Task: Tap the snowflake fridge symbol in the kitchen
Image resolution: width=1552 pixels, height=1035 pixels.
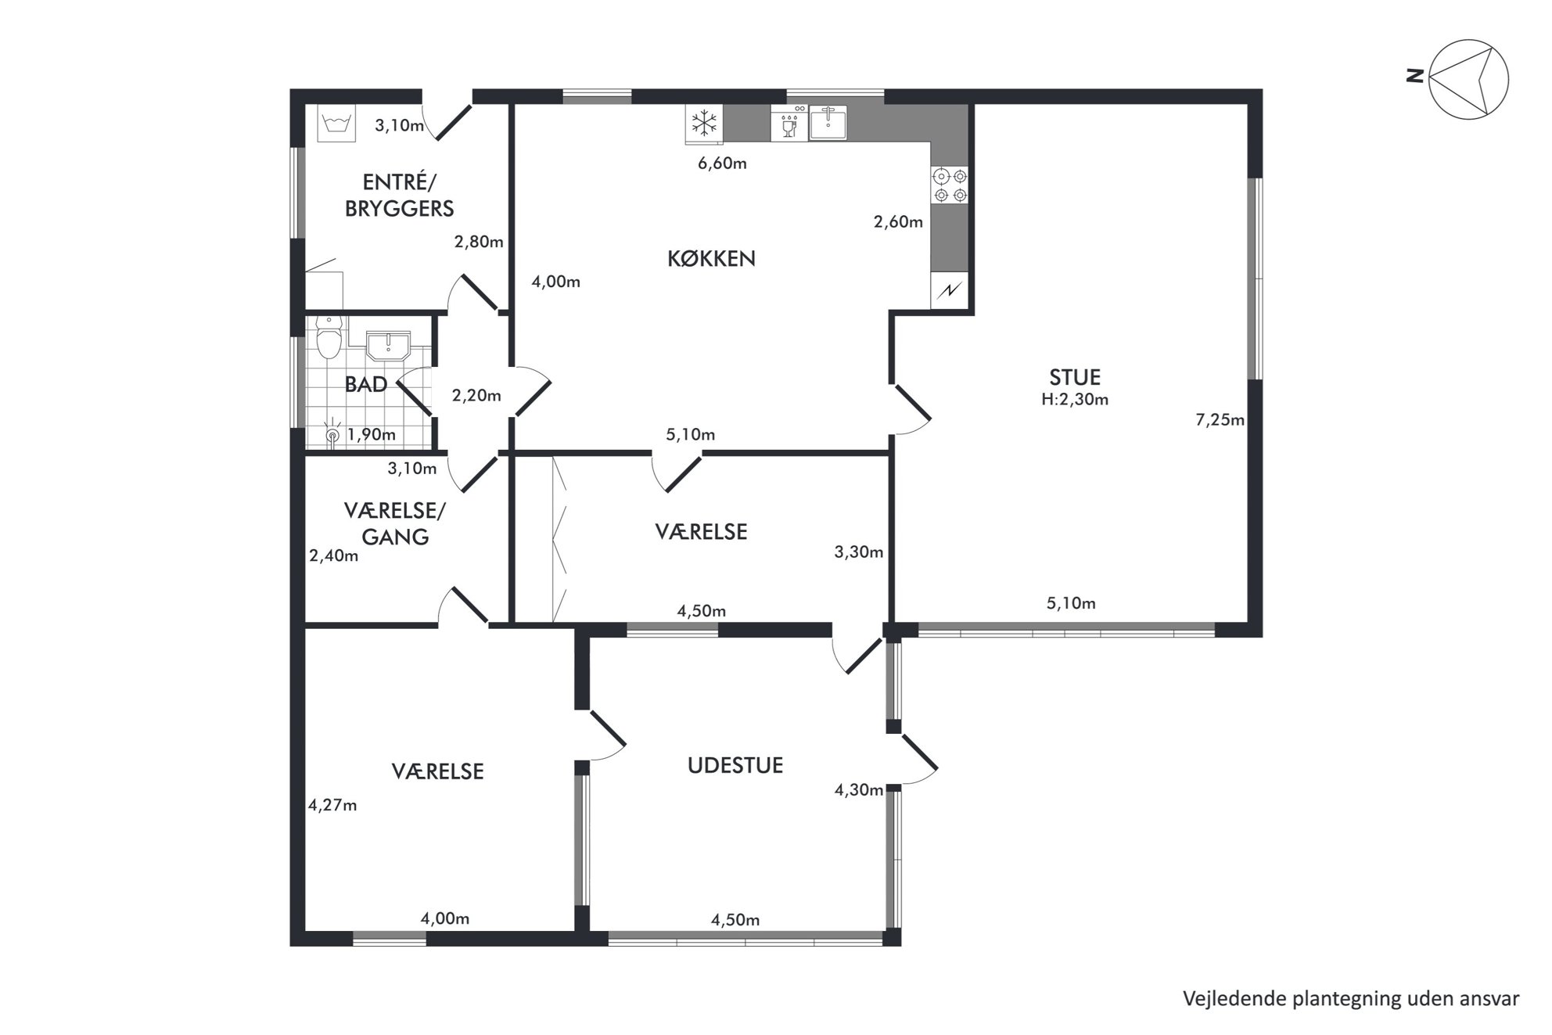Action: point(705,124)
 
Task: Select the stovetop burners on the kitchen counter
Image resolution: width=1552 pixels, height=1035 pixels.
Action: point(950,185)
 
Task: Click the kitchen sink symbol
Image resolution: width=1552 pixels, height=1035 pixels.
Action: point(828,123)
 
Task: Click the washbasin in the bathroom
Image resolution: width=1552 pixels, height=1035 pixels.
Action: point(389,346)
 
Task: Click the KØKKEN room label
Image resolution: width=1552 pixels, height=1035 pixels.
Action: point(711,259)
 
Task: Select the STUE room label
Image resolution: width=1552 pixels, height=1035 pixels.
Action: point(1075,377)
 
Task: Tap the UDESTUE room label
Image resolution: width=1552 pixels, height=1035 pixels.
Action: point(735,765)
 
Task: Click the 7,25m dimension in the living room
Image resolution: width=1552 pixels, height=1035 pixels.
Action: point(1220,420)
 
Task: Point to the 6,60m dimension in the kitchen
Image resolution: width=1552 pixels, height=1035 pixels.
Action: point(722,164)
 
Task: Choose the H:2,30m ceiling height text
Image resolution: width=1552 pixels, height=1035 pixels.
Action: point(1075,400)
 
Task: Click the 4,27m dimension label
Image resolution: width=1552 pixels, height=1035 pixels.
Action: point(332,805)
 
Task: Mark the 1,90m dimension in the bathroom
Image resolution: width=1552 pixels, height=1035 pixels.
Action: point(372,434)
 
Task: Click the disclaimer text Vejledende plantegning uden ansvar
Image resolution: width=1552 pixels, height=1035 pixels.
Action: point(1351,999)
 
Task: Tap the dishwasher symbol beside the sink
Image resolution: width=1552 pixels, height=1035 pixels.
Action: point(789,124)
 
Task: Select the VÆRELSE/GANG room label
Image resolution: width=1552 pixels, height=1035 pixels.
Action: point(395,523)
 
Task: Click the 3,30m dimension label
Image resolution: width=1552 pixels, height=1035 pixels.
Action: point(859,552)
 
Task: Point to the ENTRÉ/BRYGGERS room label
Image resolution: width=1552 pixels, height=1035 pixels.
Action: point(399,196)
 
